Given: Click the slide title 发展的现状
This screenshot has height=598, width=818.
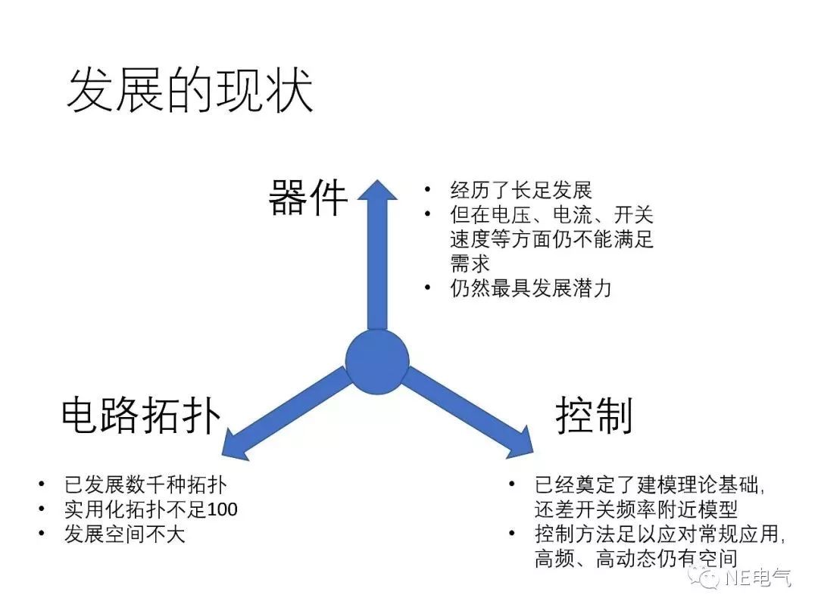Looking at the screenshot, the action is pyautogui.click(x=189, y=92).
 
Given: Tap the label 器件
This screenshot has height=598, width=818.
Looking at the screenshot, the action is pyautogui.click(x=308, y=198).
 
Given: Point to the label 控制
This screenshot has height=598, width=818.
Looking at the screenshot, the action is pyautogui.click(x=595, y=415).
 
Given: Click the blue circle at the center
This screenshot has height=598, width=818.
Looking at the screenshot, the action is pyautogui.click(x=377, y=361).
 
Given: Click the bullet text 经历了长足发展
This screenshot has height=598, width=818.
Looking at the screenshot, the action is pyautogui.click(x=520, y=190).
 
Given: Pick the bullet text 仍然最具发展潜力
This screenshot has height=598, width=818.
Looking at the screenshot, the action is pyautogui.click(x=530, y=288).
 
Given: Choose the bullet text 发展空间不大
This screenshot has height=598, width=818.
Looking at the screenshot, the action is pyautogui.click(x=124, y=534).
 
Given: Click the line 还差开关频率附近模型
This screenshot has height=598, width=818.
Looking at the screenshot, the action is pyautogui.click(x=635, y=509).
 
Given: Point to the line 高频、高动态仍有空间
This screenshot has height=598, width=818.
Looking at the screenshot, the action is pyautogui.click(x=635, y=559).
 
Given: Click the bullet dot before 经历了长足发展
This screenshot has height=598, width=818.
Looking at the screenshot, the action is pyautogui.click(x=429, y=189).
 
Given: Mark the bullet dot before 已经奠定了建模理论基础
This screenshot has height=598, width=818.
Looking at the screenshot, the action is pyautogui.click(x=513, y=483).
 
